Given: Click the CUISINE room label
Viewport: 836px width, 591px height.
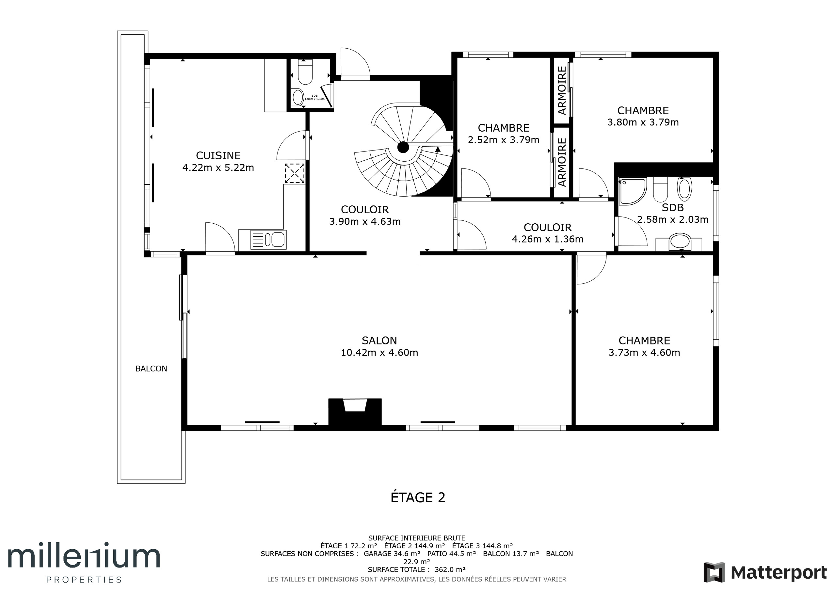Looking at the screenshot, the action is (218, 156).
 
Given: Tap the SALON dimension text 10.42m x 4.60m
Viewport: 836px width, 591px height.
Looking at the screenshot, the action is (379, 353).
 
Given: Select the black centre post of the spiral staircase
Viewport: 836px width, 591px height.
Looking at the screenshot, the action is (403, 148).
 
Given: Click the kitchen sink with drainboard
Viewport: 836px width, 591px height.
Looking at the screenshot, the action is (268, 240).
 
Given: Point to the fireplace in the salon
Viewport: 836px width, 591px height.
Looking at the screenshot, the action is (355, 412).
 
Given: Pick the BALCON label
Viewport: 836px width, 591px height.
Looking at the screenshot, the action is (151, 369).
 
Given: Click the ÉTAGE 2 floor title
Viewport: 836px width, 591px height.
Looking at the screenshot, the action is (418, 497).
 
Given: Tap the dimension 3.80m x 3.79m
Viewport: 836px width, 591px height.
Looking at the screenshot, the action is (643, 122).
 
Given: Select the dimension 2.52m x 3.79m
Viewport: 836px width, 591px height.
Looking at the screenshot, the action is (504, 140).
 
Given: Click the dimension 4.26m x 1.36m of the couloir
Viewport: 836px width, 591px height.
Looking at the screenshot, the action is (548, 239).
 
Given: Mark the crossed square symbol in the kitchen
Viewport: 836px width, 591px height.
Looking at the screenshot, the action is (295, 173).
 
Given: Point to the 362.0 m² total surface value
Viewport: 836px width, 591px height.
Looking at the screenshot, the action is (450, 569).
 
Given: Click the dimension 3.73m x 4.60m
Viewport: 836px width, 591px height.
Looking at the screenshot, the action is (645, 353).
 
